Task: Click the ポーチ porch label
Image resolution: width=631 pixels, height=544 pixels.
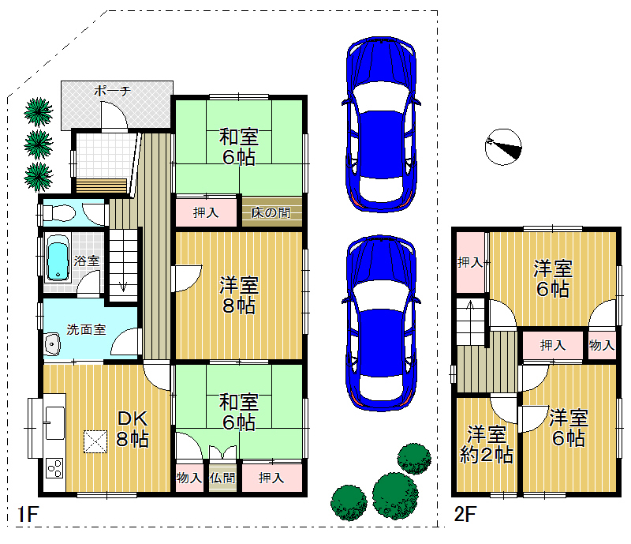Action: click(112, 91)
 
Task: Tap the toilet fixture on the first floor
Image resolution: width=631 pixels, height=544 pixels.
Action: click(58, 212)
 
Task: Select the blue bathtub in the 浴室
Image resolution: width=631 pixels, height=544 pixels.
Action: click(58, 258)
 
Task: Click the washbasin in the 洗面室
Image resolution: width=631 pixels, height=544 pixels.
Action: click(51, 344)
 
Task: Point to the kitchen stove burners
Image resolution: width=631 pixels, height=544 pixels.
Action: click(54, 468)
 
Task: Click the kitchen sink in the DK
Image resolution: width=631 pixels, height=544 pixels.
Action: click(54, 422)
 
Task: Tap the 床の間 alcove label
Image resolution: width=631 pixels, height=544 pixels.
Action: click(271, 212)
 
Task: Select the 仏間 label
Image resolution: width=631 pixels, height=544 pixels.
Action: click(222, 478)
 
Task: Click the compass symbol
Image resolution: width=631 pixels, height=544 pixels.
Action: click(503, 147)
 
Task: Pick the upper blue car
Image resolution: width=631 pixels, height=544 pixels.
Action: click(381, 124)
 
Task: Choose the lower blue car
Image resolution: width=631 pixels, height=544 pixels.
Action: click(381, 323)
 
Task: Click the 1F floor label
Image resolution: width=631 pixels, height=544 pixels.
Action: click(28, 515)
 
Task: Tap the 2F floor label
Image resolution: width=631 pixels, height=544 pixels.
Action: click(465, 515)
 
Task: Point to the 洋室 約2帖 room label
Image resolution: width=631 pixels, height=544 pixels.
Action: click(487, 445)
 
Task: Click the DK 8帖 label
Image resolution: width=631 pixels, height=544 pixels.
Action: click(133, 429)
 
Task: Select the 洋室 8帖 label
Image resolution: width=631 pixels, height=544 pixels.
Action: click(239, 295)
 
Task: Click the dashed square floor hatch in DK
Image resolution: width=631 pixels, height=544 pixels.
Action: click(95, 441)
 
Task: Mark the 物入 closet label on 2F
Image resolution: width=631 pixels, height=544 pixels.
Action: click(602, 345)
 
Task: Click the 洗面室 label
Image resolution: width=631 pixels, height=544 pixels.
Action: click(86, 329)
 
